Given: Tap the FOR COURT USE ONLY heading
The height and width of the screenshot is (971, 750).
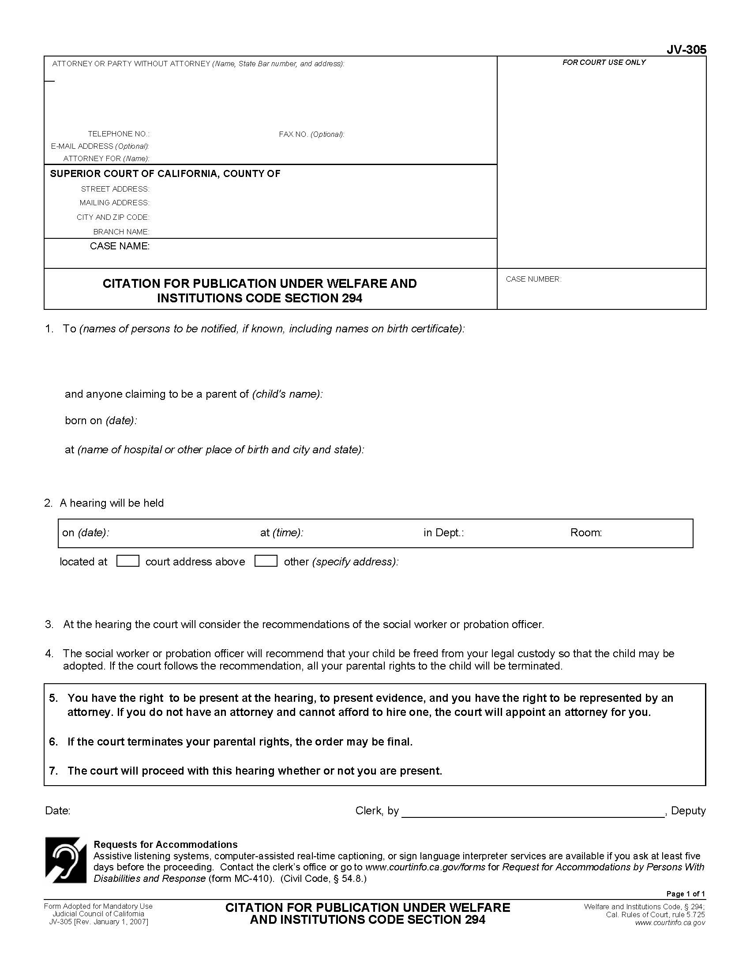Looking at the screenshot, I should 604,63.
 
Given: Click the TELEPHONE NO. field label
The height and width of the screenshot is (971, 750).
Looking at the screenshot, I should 119,134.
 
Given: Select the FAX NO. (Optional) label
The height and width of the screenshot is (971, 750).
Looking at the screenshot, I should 311,134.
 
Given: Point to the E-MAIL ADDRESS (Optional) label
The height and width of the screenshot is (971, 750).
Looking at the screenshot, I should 100,146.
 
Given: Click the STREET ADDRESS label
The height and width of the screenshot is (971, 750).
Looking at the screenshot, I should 115,189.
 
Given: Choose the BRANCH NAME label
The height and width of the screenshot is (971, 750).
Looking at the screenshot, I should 121,232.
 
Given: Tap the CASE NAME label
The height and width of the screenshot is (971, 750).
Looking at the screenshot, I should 120,246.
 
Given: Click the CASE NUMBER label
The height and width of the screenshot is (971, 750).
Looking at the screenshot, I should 533,279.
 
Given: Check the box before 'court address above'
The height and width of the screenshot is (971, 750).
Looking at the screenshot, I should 127,561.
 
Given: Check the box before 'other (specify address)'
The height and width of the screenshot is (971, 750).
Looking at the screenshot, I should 266,561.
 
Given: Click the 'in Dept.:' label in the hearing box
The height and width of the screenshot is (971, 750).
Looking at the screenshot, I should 443,533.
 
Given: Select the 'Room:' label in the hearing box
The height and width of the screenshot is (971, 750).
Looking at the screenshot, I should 586,533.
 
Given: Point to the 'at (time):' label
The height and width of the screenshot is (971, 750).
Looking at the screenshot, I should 282,533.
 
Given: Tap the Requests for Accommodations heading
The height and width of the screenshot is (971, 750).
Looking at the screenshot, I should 165,844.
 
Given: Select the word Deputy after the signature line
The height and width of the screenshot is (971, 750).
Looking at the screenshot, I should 688,811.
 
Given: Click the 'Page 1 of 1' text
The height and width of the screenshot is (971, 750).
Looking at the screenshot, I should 685,894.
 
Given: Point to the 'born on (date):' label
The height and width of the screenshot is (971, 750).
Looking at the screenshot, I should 101,421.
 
